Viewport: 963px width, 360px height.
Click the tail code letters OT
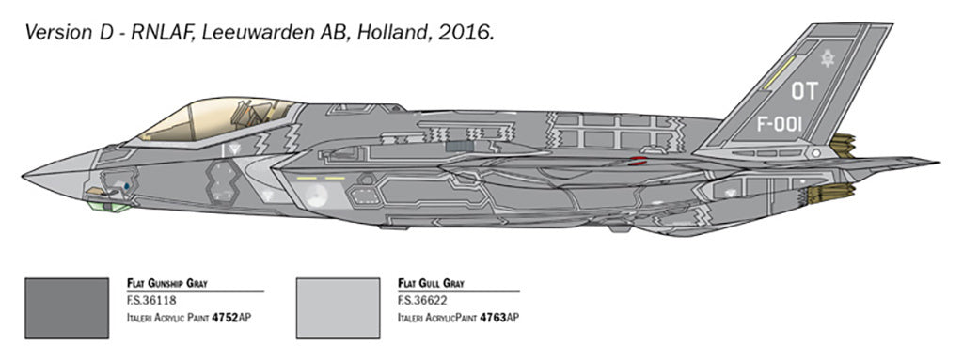(804, 91)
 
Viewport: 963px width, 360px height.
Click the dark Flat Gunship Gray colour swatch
(68, 307)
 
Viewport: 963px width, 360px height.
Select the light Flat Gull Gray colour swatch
(337, 307)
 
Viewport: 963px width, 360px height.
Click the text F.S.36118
(150, 301)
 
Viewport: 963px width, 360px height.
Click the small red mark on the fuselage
(637, 161)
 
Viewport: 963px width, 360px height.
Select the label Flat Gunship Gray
(166, 282)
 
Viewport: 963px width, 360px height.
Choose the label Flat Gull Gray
(430, 282)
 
